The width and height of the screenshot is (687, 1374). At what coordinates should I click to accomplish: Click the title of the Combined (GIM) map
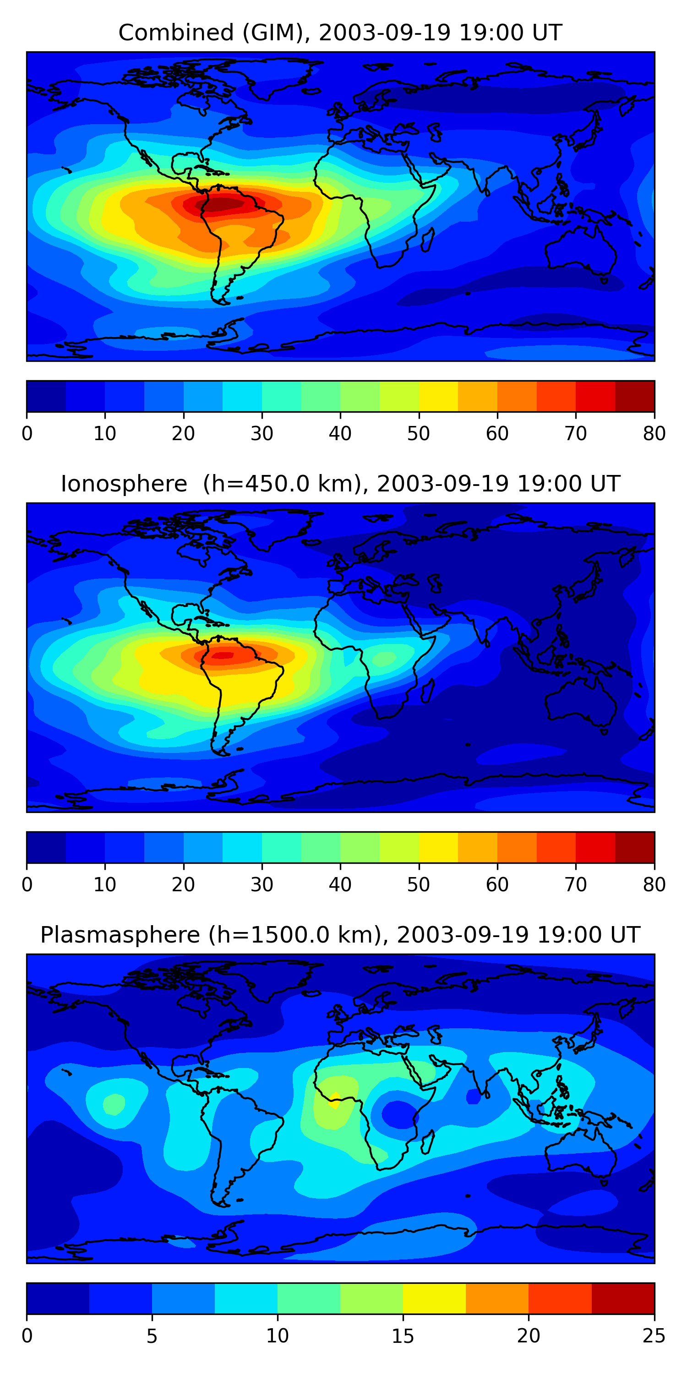[x=340, y=33]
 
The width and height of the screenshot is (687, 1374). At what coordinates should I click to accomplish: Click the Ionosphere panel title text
[x=340, y=484]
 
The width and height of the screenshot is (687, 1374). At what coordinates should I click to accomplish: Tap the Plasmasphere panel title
[x=340, y=935]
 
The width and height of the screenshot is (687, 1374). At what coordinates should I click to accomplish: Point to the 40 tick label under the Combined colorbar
[x=340, y=434]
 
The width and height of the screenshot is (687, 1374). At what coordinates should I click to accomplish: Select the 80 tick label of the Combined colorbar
[x=654, y=434]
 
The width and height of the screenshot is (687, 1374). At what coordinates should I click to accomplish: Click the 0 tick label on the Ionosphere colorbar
[x=27, y=885]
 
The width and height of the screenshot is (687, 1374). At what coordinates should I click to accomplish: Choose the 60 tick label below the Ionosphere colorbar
[x=496, y=885]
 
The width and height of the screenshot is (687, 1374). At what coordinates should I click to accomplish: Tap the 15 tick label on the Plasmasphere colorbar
[x=403, y=1336]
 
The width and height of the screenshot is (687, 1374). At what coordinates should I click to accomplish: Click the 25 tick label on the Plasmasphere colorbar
[x=654, y=1336]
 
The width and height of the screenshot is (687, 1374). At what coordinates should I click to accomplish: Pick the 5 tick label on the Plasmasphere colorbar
[x=152, y=1336]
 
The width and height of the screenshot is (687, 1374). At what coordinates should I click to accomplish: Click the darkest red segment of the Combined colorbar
[x=635, y=396]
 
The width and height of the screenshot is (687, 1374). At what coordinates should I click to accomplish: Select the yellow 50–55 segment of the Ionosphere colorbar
[x=438, y=848]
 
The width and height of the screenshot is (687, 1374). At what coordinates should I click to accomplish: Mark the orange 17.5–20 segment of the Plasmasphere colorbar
[x=497, y=1299]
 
